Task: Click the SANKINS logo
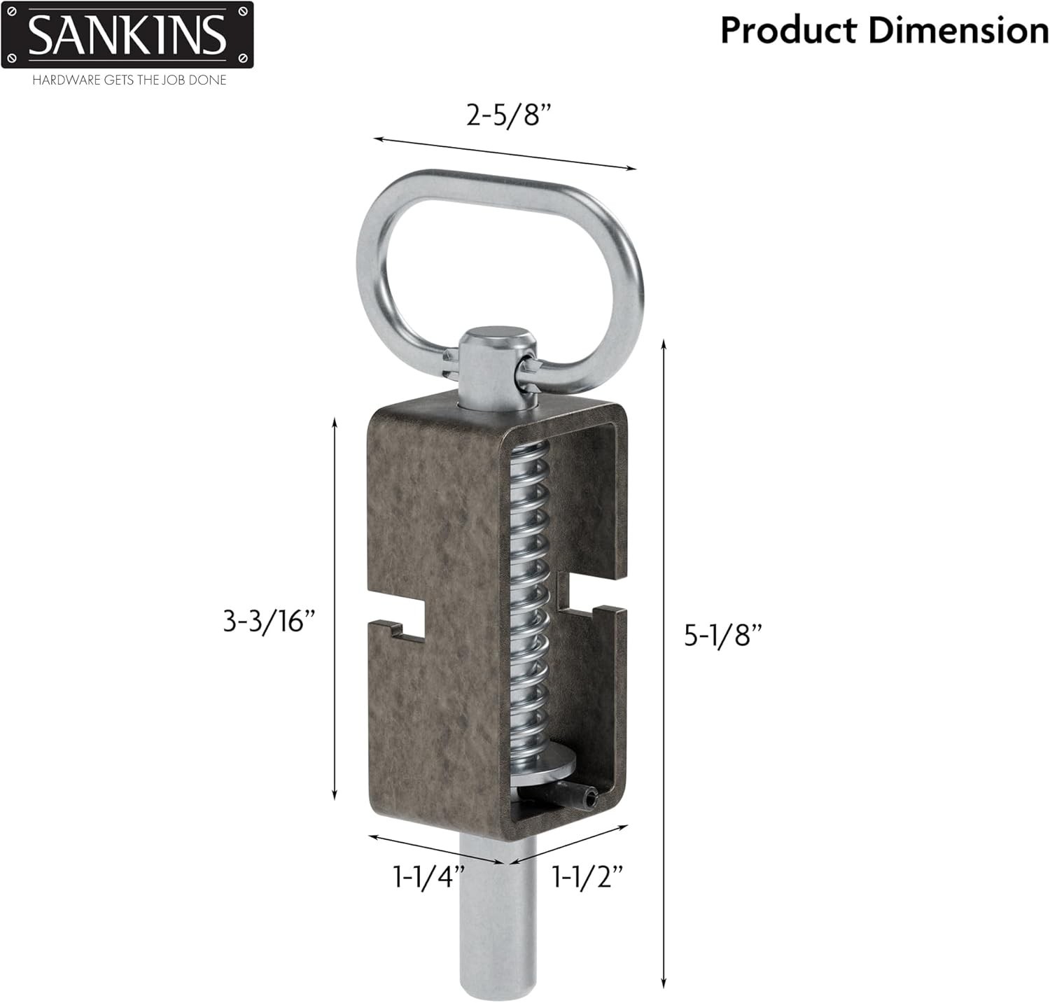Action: point(127,35)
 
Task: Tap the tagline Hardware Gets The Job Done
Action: point(129,80)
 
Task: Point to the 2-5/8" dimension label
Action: point(504,115)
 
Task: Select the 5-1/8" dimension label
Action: point(722,635)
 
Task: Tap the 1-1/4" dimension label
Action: point(428,876)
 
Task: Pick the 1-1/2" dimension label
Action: point(588,876)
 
